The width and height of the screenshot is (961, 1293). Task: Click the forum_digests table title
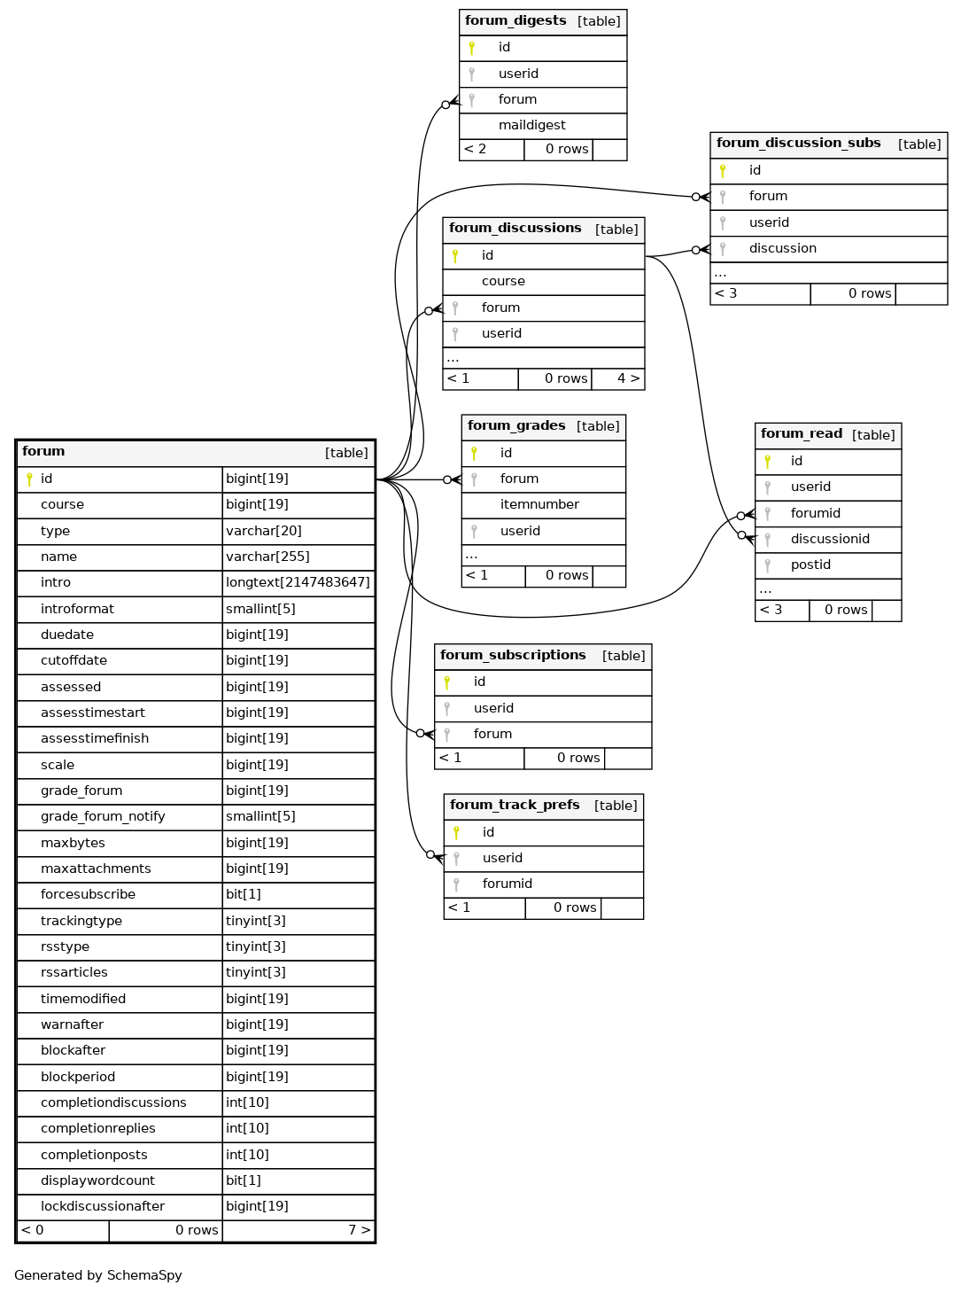pos(515,21)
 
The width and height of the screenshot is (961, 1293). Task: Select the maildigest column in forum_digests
pos(531,125)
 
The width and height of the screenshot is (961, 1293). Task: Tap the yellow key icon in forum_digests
pos(471,48)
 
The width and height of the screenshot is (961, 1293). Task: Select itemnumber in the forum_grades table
pos(539,504)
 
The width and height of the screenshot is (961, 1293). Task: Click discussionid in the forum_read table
pos(829,539)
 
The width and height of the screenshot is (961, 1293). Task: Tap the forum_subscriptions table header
pos(542,656)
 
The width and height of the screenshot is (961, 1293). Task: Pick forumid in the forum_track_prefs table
pos(507,884)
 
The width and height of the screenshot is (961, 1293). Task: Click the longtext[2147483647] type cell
pos(298,582)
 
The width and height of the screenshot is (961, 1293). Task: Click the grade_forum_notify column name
pos(103,816)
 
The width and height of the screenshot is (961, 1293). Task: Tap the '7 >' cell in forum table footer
pos(359,1230)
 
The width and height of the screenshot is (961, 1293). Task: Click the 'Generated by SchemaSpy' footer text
pos(98,1275)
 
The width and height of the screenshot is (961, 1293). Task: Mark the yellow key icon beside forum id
pos(29,479)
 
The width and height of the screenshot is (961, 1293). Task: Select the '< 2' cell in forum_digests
pos(475,149)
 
